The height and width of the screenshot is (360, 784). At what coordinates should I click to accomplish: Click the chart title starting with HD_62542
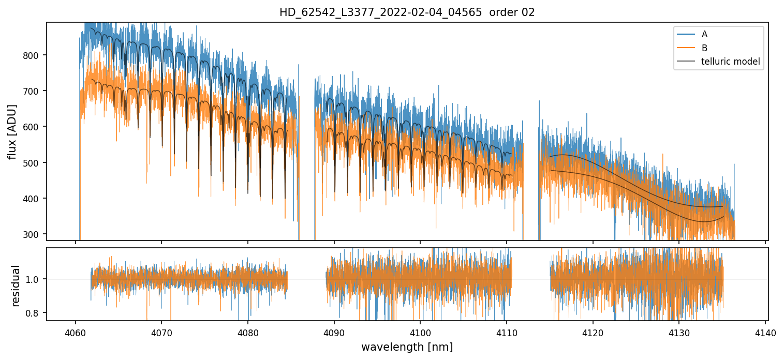click(x=407, y=12)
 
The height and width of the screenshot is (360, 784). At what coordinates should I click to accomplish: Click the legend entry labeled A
click(x=704, y=34)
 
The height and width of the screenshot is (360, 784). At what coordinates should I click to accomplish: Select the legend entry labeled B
click(x=704, y=48)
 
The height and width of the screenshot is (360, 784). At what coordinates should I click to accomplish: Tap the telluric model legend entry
click(x=730, y=62)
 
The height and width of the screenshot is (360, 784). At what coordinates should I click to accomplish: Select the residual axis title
click(x=16, y=285)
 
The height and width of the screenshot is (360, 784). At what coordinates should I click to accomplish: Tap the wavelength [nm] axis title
click(x=407, y=347)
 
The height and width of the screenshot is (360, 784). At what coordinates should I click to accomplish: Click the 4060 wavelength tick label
click(x=76, y=333)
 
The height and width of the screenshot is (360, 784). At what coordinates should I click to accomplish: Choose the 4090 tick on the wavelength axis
click(x=334, y=333)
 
